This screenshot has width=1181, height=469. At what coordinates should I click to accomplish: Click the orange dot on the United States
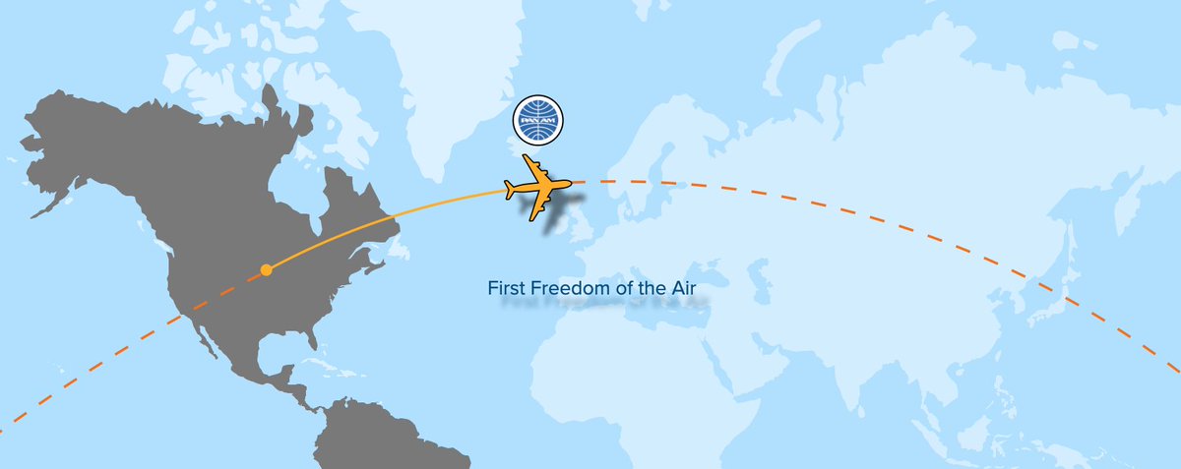(266, 269)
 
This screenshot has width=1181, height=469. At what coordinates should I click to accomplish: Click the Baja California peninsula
(202, 334)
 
